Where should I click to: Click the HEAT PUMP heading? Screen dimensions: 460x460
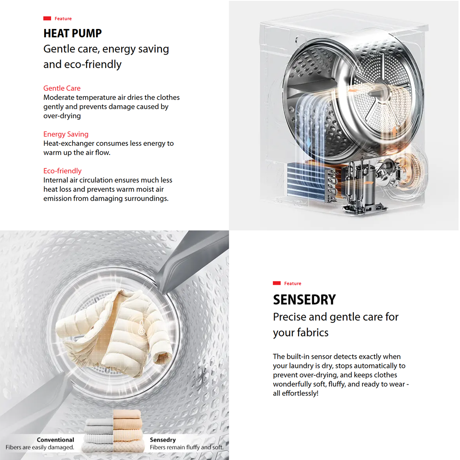point(73,34)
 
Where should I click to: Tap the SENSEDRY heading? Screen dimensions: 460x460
point(305,300)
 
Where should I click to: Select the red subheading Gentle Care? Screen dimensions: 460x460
point(62,88)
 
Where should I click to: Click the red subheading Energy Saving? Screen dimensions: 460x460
point(66,134)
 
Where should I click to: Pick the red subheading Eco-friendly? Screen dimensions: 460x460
point(63,171)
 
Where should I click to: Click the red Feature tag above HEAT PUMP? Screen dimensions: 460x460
point(58,19)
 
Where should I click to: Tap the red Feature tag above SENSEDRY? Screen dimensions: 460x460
point(287,284)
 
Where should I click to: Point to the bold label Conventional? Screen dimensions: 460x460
point(55,440)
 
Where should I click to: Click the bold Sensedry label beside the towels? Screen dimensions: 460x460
point(163,440)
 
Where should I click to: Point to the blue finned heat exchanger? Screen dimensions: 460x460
point(305,181)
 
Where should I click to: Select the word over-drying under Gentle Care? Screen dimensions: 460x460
point(62,116)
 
